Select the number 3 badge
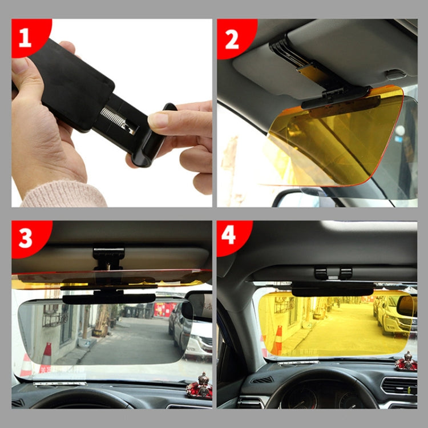(25, 237)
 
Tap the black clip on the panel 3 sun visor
(108, 257)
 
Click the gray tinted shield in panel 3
(103, 331)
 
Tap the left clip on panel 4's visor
(321, 273)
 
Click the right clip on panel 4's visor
(346, 273)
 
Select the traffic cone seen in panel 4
(277, 341)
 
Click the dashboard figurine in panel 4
(406, 361)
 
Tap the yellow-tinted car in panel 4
(394, 317)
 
